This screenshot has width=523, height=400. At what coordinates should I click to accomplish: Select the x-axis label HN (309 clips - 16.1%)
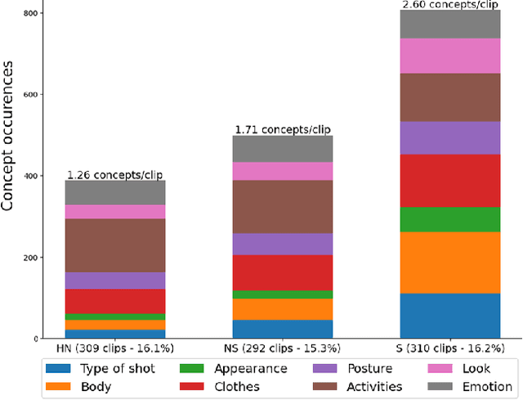coord(115,348)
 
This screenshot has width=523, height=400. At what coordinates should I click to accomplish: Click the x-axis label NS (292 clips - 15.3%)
coord(282,348)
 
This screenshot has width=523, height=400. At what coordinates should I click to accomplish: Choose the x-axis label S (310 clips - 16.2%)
coord(449,348)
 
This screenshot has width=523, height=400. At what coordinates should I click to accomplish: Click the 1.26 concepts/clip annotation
coord(115,173)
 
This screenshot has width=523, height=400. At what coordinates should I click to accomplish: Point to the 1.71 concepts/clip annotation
coord(282,129)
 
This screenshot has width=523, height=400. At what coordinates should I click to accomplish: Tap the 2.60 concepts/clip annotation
coord(449,5)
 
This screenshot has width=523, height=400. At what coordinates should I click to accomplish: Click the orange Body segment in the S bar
coord(449,262)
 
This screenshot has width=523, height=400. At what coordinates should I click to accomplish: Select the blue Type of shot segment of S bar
coord(449,316)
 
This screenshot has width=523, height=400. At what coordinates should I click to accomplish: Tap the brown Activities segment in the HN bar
coord(115,245)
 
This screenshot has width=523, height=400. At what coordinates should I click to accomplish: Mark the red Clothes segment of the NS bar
coord(282,272)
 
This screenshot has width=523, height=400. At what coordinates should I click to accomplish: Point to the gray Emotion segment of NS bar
coord(282,148)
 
